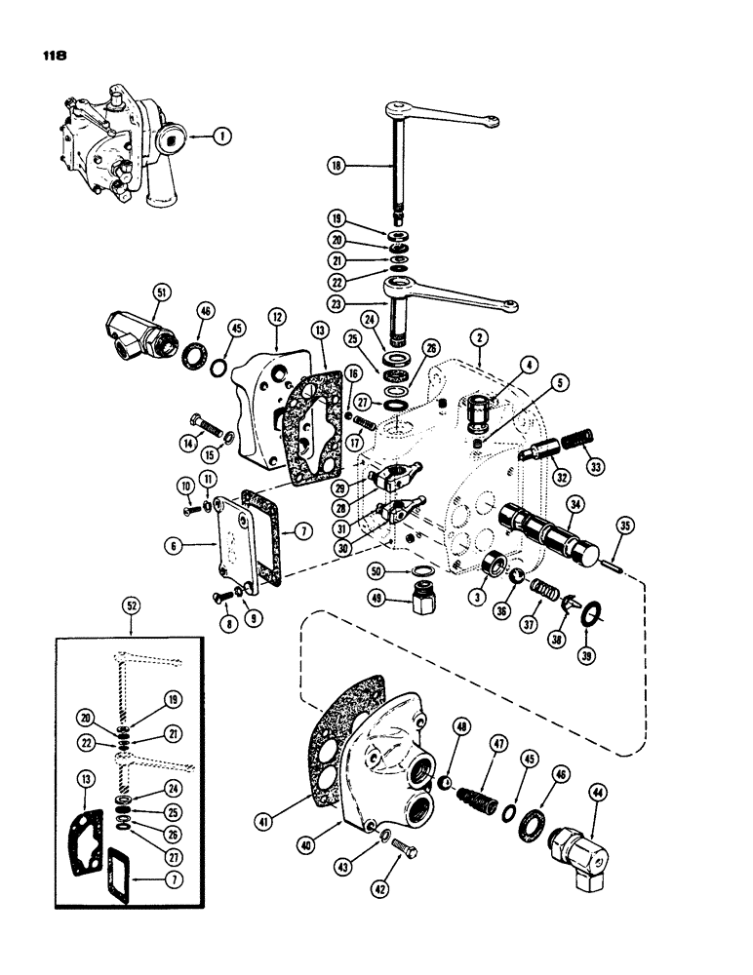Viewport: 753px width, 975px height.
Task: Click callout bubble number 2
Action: tap(478, 339)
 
